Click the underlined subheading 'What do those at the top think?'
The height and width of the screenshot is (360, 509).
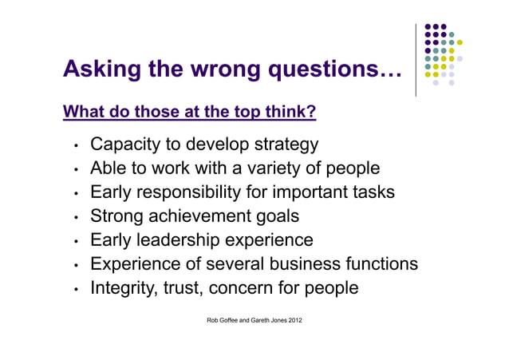click(190, 112)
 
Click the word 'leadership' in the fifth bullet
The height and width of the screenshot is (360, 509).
click(185, 240)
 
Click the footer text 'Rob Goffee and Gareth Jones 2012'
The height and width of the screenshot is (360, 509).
click(254, 321)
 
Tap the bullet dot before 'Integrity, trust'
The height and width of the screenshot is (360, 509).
click(75, 289)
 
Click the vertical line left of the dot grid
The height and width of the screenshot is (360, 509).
click(416, 60)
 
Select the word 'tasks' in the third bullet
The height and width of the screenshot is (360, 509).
click(371, 192)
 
